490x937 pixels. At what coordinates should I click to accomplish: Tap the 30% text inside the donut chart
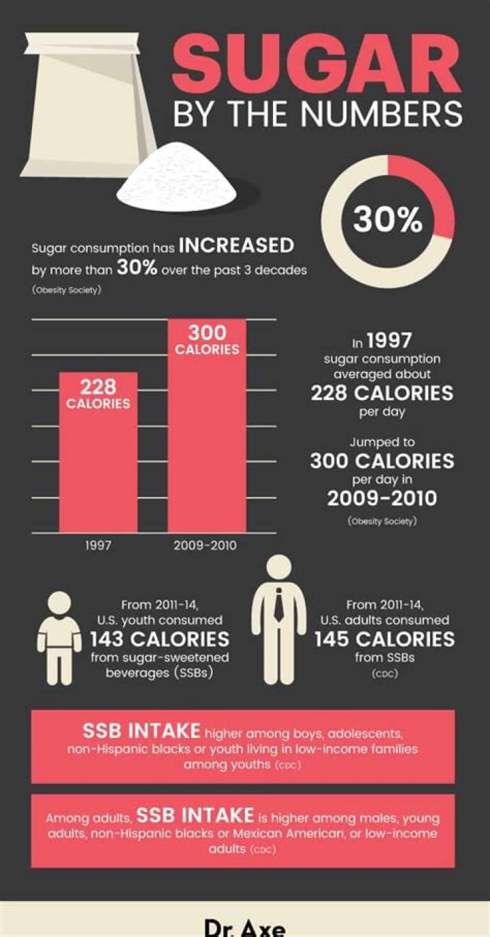[x=387, y=220]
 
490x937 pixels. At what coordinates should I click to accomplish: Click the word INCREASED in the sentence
[x=236, y=245]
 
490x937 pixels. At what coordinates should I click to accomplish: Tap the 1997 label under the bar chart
[x=98, y=545]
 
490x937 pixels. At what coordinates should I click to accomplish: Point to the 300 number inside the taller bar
[x=207, y=333]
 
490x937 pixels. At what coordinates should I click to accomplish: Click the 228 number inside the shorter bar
[x=98, y=386]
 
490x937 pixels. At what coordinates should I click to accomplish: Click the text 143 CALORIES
[x=160, y=639]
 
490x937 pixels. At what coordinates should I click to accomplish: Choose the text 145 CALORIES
[x=385, y=639]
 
